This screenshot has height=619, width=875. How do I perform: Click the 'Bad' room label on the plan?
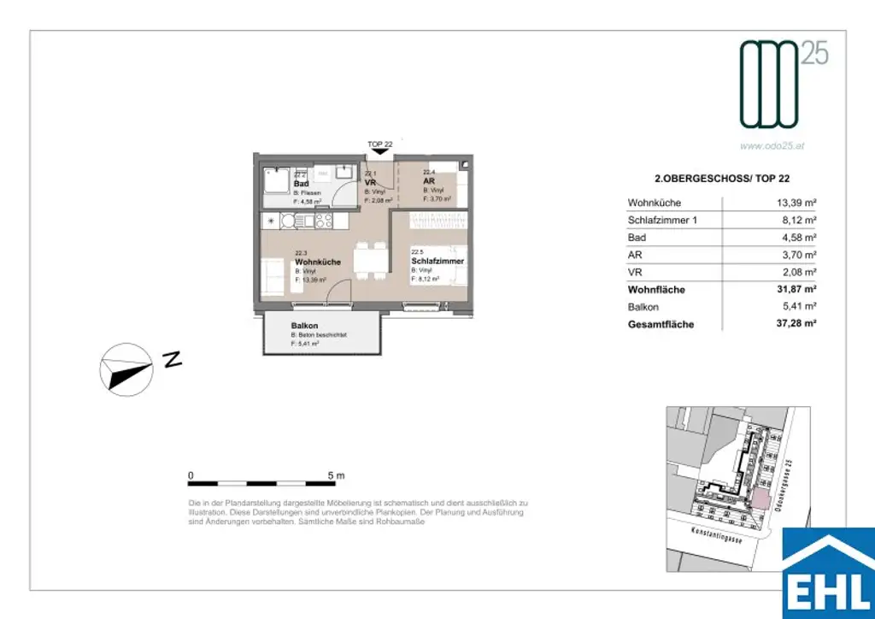coord(301,185)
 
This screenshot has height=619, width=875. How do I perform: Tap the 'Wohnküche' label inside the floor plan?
coord(318,262)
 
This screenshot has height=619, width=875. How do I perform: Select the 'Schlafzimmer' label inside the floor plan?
coord(437,261)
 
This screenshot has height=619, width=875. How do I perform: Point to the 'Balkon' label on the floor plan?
coord(304,327)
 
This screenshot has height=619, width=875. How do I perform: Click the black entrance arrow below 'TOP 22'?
coord(380,152)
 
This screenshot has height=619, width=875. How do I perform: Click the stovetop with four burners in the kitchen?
coord(323,221)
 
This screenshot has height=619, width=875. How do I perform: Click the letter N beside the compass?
coord(172,360)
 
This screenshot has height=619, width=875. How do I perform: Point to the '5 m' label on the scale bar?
coord(335,475)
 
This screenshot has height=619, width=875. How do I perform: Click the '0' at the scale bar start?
coord(191,475)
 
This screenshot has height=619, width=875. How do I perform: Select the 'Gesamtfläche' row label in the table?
coord(661,325)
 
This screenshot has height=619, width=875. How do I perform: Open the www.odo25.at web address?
coord(772,145)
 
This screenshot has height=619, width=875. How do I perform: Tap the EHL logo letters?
coord(827,592)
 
